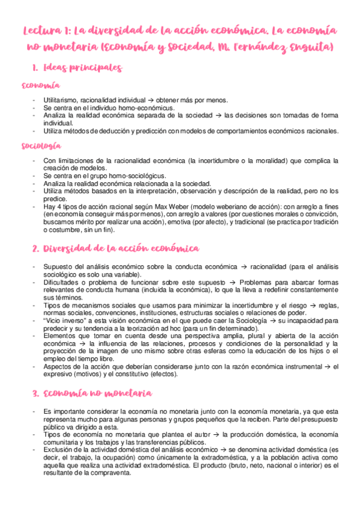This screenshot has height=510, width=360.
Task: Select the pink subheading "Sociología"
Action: (40, 146)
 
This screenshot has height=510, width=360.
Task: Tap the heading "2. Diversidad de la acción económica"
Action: (115, 248)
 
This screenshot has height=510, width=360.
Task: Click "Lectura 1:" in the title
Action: (46, 29)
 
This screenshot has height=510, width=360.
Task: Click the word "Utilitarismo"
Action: (61, 100)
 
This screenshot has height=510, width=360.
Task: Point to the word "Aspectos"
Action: (58, 366)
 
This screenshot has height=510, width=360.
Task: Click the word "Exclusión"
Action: (59, 449)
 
